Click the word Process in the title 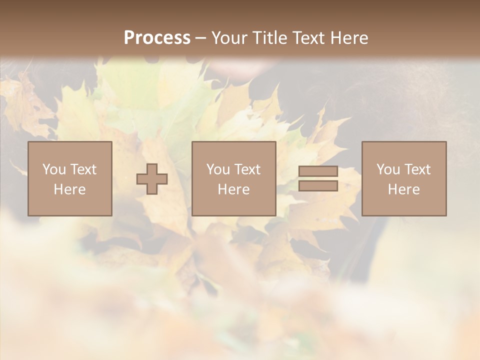(157, 37)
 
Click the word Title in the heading (269, 37)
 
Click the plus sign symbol (152, 179)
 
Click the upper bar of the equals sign (318, 171)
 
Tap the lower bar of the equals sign (318, 186)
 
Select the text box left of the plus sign (69, 178)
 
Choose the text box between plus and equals (233, 178)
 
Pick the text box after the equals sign (404, 178)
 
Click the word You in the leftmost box (54, 169)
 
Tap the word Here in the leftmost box (69, 189)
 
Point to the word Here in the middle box (233, 189)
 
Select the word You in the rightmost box (388, 169)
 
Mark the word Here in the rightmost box (404, 189)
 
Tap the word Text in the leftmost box (83, 169)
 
